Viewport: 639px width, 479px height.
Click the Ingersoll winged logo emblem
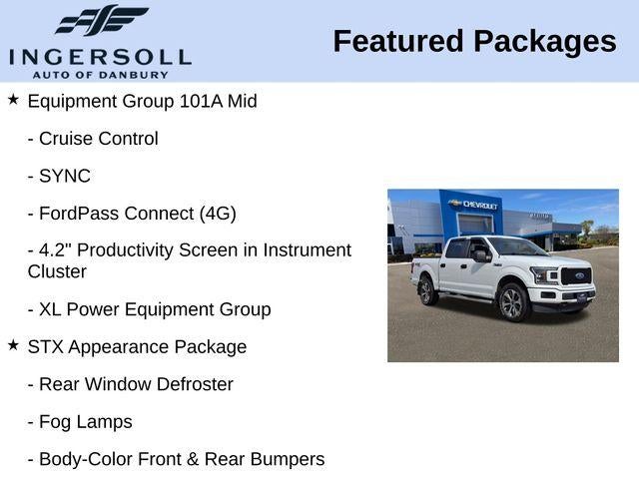(x=100, y=20)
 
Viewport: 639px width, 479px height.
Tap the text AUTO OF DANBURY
(x=100, y=74)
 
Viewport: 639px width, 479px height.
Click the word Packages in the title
(x=544, y=41)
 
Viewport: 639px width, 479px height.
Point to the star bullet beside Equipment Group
(x=13, y=100)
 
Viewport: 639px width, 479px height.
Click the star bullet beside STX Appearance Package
(x=13, y=345)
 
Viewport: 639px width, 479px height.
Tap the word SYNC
(x=65, y=177)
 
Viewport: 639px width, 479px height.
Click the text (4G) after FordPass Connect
(x=218, y=214)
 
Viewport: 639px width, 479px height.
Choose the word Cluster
(x=57, y=271)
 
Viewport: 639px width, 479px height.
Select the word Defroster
(x=192, y=384)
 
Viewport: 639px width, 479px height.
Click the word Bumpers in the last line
(x=288, y=459)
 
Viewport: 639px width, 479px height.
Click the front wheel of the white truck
(x=511, y=302)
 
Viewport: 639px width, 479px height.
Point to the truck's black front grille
(x=577, y=276)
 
